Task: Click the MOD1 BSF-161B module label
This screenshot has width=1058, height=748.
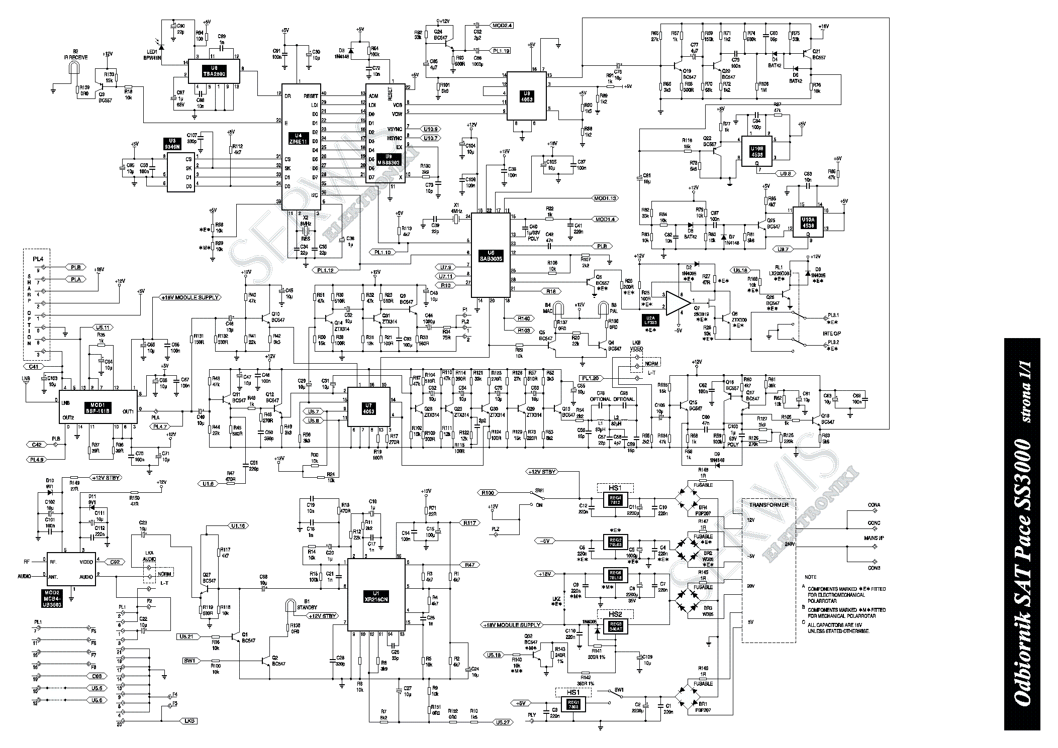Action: coord(99,407)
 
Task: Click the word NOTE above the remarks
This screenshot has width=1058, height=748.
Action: coord(810,577)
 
